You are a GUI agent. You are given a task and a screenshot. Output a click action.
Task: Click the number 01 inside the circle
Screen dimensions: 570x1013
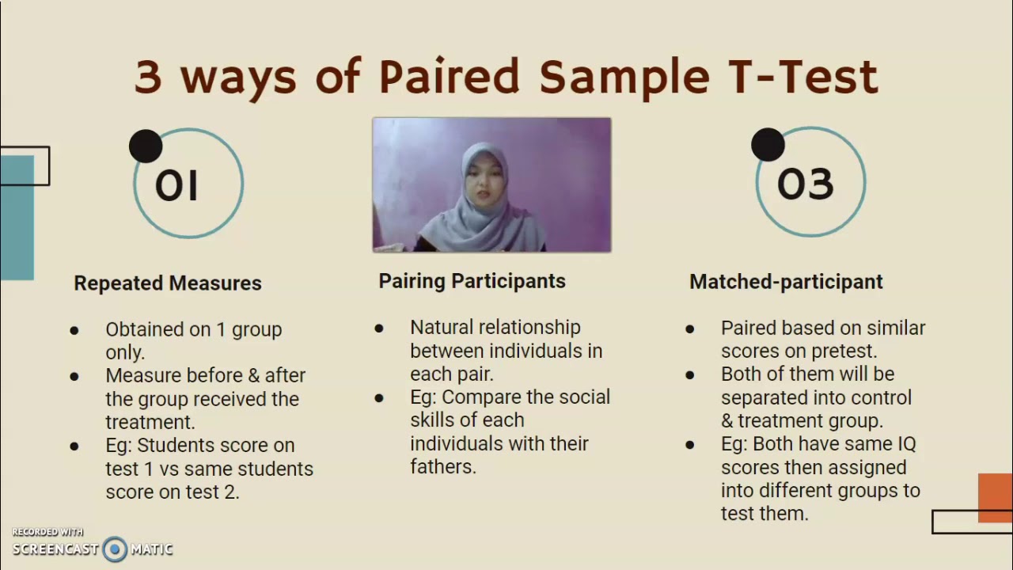pos(176,185)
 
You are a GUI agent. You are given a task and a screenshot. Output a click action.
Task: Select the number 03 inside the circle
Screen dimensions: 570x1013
pos(805,184)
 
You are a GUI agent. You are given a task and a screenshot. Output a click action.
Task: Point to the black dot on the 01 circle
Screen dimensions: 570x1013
pos(146,146)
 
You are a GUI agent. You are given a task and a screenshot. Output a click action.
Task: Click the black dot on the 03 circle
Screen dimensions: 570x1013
pos(768,145)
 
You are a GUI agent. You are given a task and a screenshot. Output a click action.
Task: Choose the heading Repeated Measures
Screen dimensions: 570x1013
pos(168,283)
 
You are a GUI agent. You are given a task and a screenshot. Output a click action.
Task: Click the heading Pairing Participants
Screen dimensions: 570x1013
pos(472,281)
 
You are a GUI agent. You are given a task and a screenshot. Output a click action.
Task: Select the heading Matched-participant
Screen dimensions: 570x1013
pos(786,282)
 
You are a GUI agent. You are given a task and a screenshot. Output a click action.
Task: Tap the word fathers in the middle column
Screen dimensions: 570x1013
pos(442,467)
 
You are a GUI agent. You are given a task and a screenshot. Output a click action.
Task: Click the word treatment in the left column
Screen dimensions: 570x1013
pos(149,423)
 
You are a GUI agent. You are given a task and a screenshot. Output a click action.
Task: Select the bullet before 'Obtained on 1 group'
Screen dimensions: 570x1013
pos(74,330)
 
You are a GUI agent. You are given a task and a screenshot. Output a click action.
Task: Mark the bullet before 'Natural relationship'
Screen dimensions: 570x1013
pos(379,328)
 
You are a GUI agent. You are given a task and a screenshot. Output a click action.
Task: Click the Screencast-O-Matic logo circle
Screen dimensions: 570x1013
pos(115,549)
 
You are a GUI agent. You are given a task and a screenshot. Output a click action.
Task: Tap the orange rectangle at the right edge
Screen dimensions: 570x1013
pos(995,497)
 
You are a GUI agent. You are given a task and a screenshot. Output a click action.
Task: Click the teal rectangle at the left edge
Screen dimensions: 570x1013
pos(17,218)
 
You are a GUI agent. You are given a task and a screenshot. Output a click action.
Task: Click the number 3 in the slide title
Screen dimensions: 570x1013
pos(148,77)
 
